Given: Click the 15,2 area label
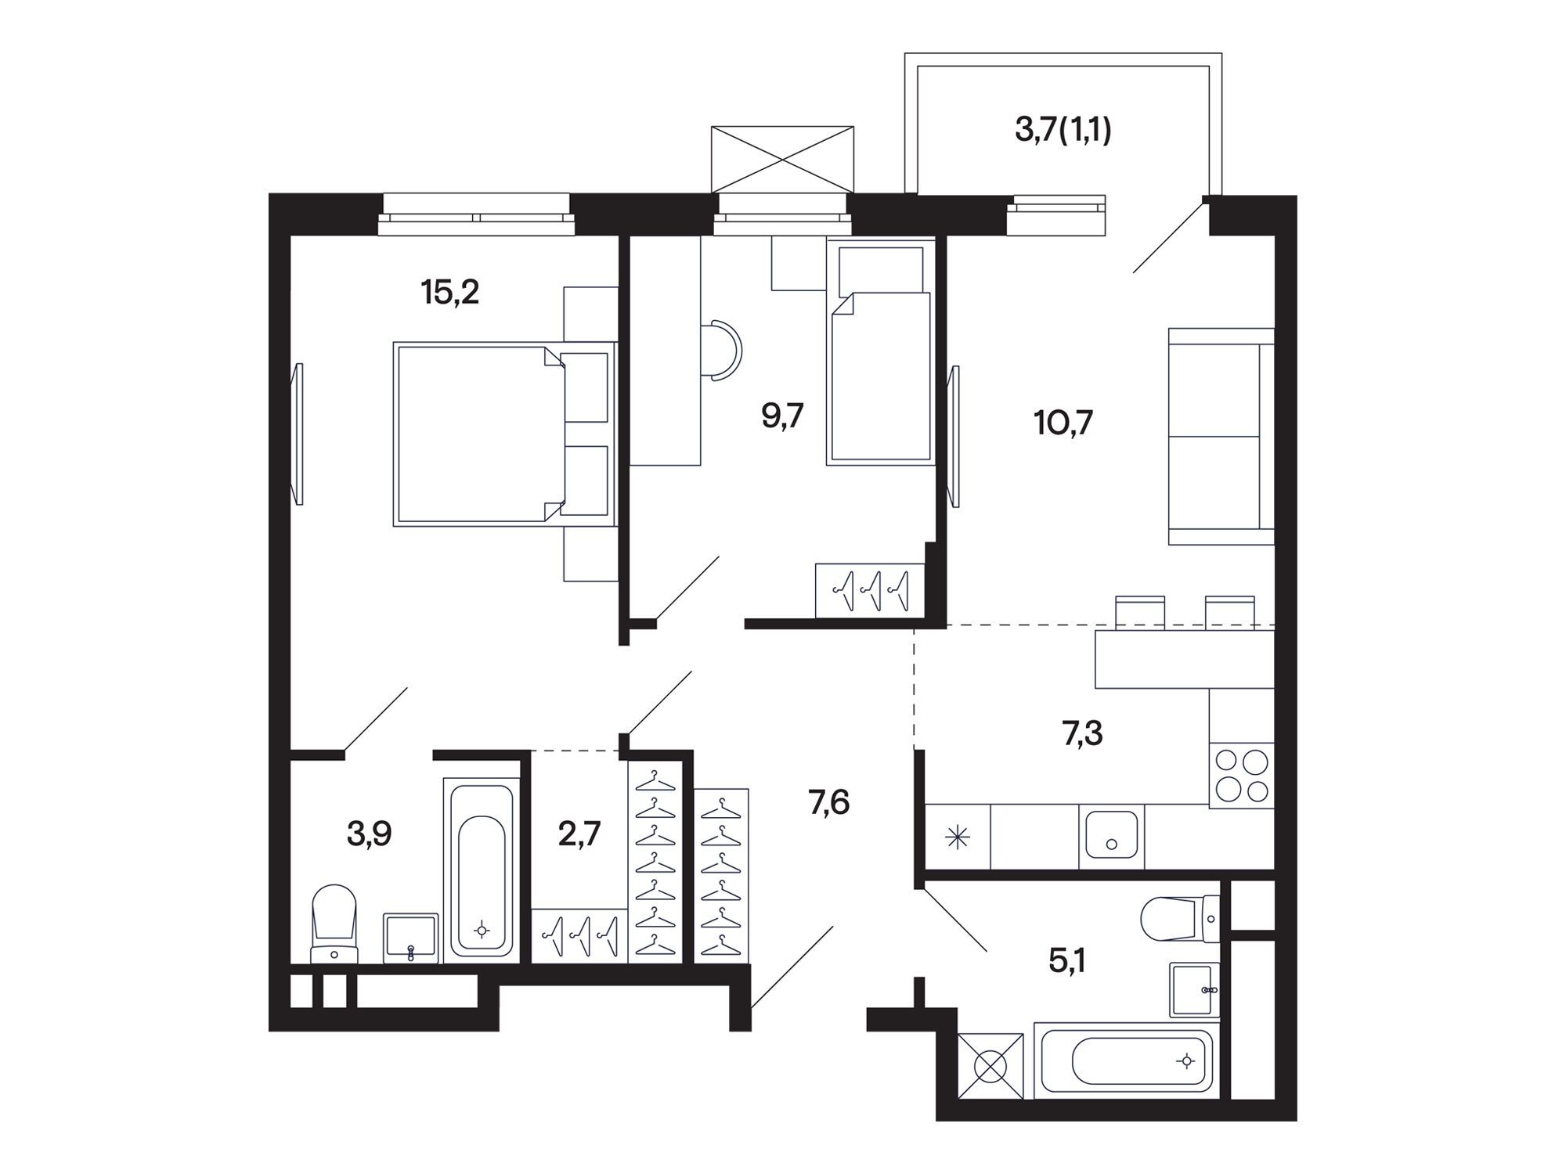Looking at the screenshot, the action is click(449, 293).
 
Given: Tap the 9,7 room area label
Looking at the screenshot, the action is click(782, 416).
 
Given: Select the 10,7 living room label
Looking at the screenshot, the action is click(1063, 423).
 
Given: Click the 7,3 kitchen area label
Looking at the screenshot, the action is click(1083, 734).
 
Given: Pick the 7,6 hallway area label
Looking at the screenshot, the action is click(829, 802).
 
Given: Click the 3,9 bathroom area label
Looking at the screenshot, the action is click(369, 835).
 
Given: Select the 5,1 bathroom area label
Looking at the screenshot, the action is click(1067, 962).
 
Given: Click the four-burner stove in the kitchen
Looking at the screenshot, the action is click(1242, 775).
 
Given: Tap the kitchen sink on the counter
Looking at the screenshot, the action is click(1111, 836).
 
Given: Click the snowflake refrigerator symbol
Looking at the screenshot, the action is click(958, 839).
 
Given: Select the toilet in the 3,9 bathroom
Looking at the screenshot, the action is click(334, 924).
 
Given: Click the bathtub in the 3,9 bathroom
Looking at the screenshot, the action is click(482, 870).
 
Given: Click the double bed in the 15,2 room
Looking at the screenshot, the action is click(503, 434).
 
